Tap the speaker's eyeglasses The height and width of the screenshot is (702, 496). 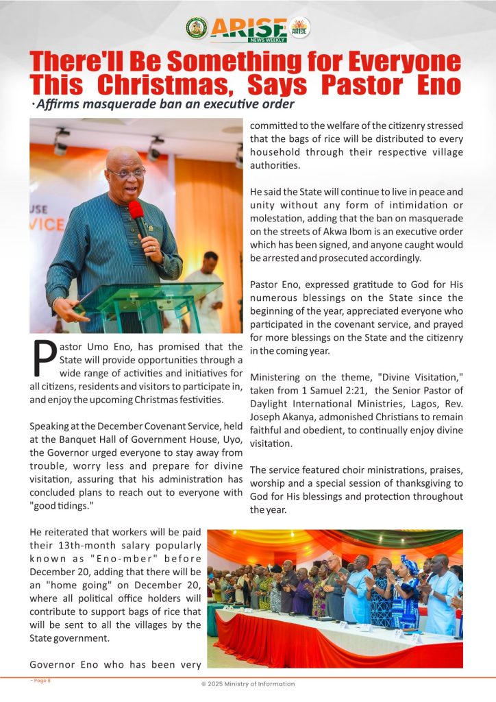pyautogui.click(x=126, y=173)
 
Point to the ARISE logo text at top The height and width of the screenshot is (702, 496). pyautogui.click(x=249, y=28)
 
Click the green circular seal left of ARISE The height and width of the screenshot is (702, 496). pyautogui.click(x=197, y=28)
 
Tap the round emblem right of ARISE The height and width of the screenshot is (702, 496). pyautogui.click(x=299, y=28)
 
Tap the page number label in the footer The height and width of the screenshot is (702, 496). pyautogui.click(x=40, y=680)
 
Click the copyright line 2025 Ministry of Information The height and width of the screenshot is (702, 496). pyautogui.click(x=247, y=683)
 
